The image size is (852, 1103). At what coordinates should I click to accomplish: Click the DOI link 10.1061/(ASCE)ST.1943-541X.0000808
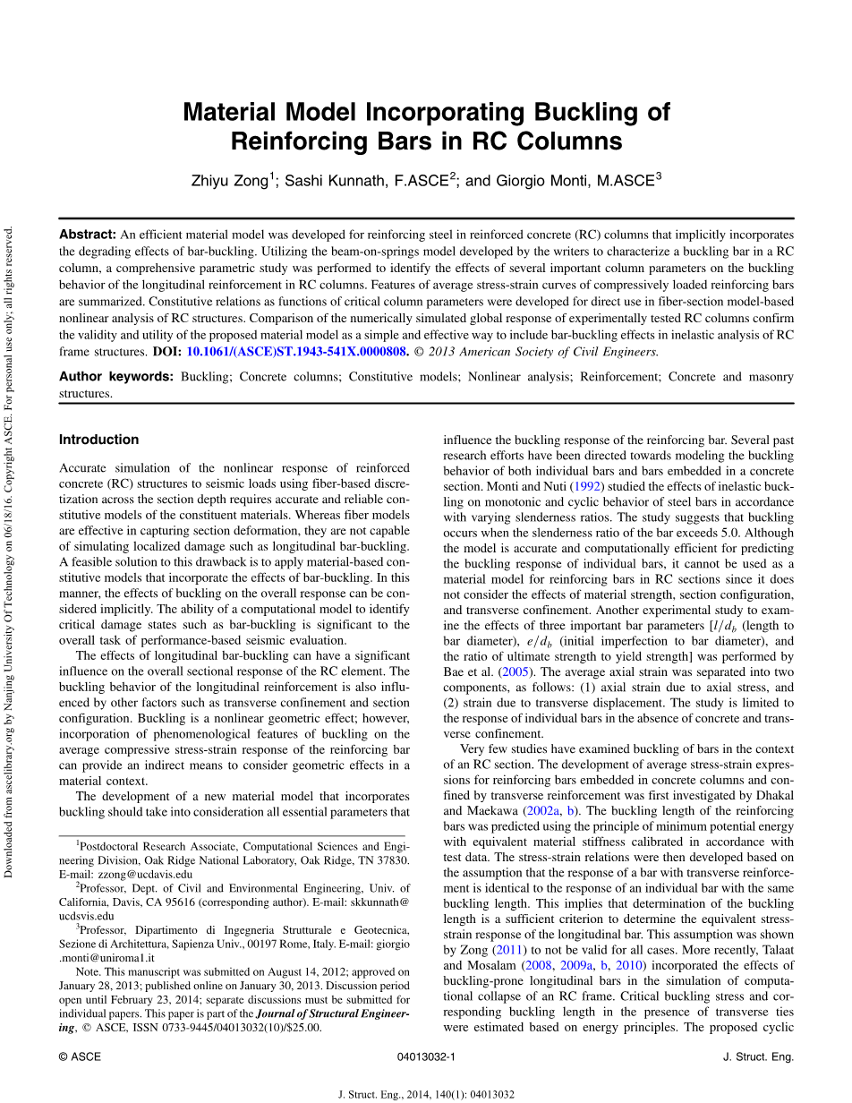(x=297, y=352)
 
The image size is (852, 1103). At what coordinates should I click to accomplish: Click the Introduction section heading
(x=98, y=440)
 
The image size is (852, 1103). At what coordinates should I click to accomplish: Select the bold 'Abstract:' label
(x=87, y=235)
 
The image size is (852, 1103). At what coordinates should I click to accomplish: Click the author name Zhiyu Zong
(x=229, y=181)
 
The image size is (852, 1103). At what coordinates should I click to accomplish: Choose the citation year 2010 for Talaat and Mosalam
(x=628, y=965)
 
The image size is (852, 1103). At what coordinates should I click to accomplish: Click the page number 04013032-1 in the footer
(x=426, y=1056)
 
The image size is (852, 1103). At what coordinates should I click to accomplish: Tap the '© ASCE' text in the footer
(x=80, y=1056)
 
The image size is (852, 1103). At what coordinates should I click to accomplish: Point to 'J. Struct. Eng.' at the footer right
(x=757, y=1056)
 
